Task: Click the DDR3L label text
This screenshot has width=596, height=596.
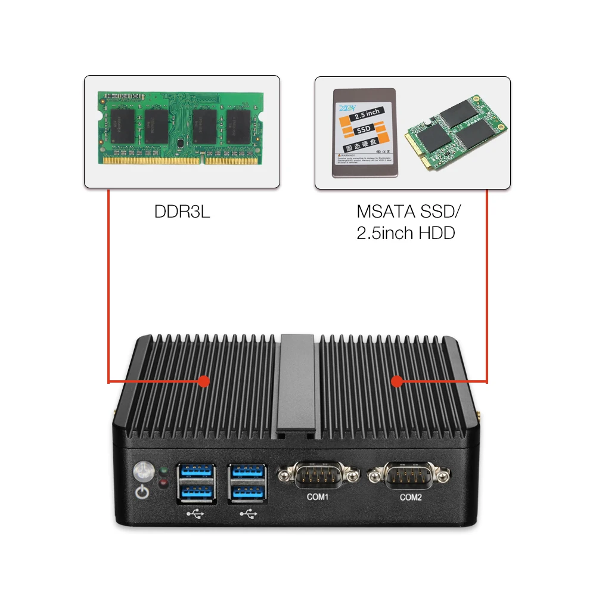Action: (182, 212)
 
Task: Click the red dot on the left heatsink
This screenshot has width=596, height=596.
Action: (203, 381)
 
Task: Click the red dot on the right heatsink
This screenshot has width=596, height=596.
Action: (396, 381)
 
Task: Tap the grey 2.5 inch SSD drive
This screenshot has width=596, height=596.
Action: (364, 132)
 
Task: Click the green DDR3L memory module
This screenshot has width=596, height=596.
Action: (182, 126)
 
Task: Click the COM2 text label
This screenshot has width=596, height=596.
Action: (411, 496)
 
